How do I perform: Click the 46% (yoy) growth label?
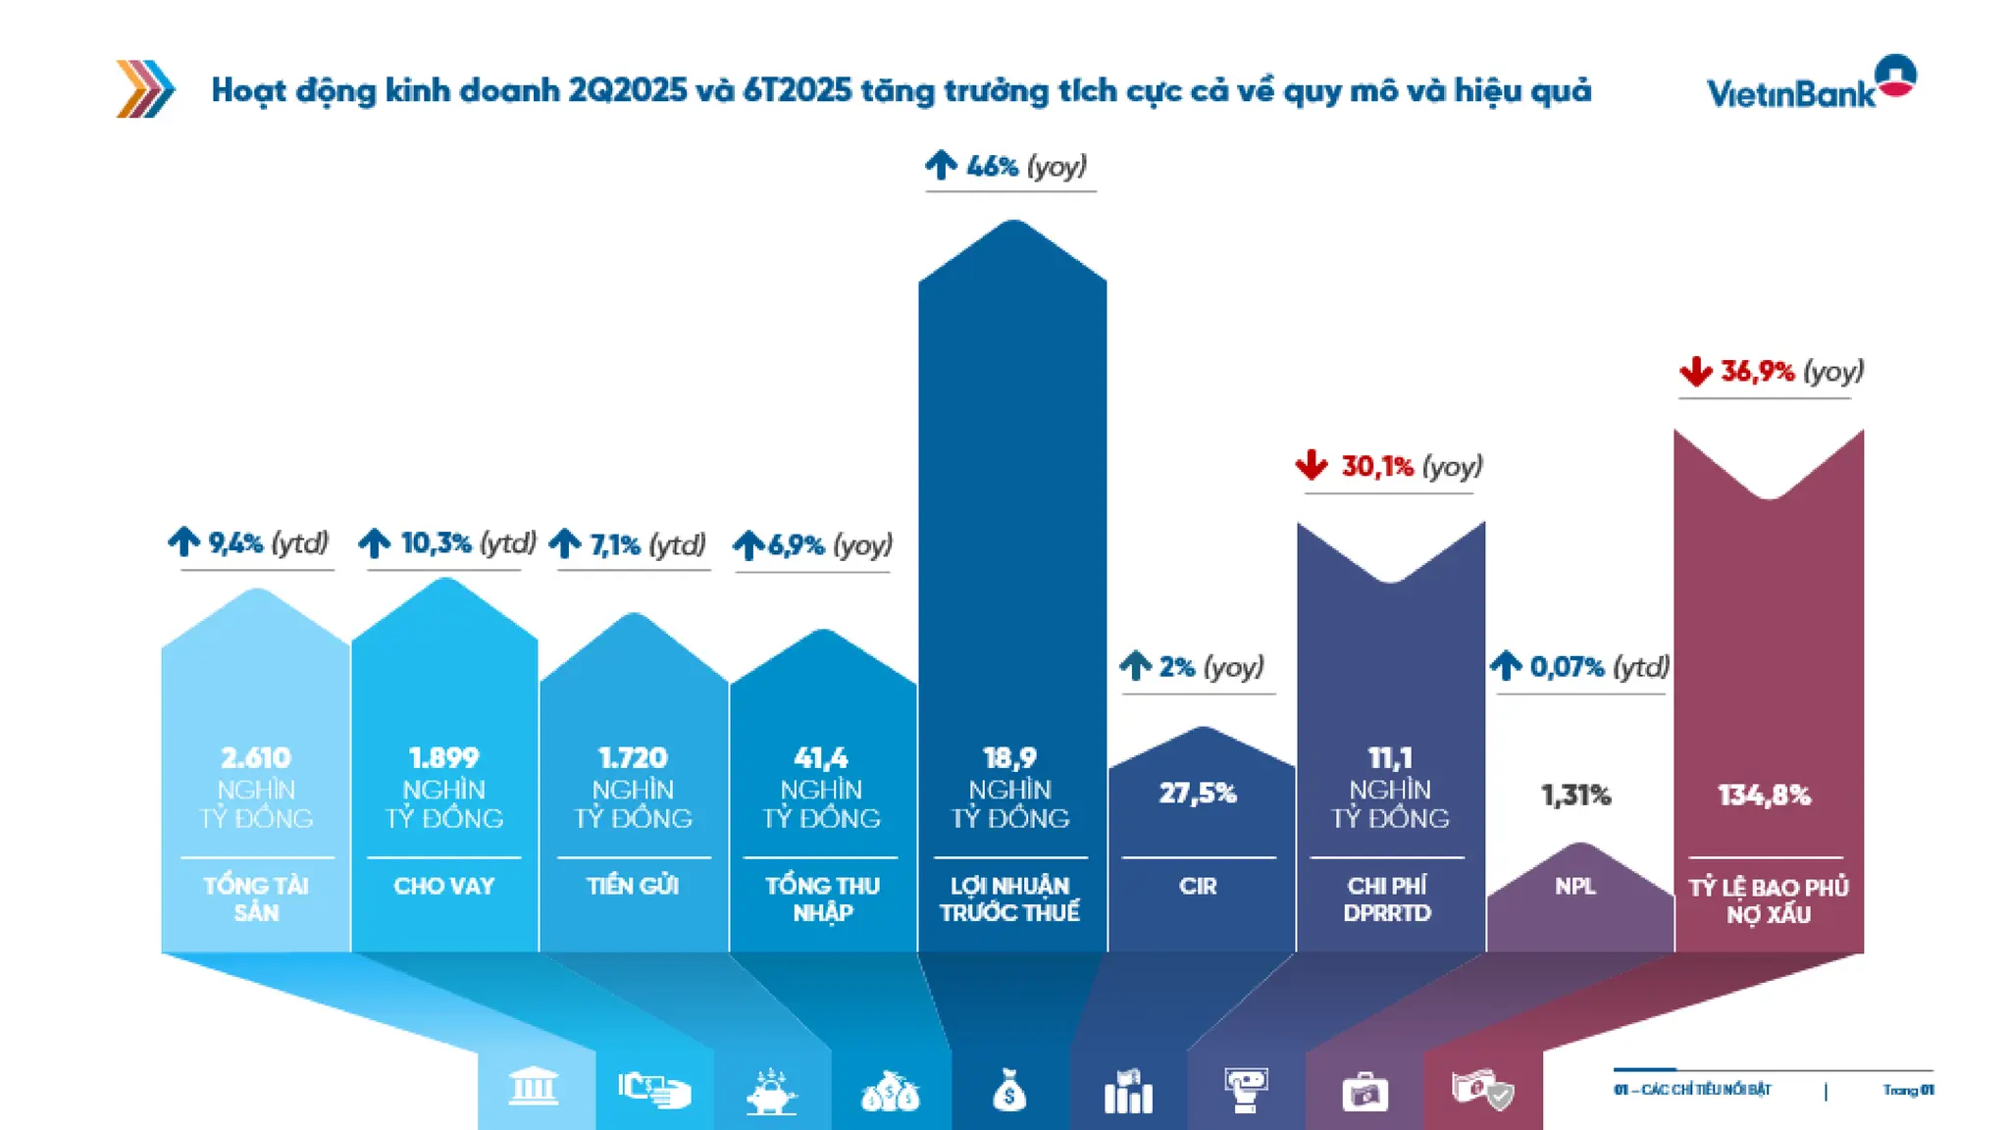pyautogui.click(x=1024, y=166)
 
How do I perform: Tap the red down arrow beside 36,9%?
pyautogui.click(x=1695, y=372)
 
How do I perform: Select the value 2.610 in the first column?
pyautogui.click(x=256, y=758)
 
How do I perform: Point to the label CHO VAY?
pyautogui.click(x=444, y=886)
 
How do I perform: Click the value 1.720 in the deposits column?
pyautogui.click(x=633, y=758)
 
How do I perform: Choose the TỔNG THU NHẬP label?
pyautogui.click(x=822, y=899)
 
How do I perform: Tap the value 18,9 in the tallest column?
pyautogui.click(x=1009, y=758)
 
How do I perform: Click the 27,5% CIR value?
pyautogui.click(x=1198, y=793)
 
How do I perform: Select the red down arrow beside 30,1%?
pyautogui.click(x=1312, y=465)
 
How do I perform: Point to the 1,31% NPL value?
pyautogui.click(x=1575, y=795)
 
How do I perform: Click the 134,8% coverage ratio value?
pyautogui.click(x=1764, y=795)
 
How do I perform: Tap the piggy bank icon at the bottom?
pyautogui.click(x=772, y=1091)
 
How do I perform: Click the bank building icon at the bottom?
pyautogui.click(x=534, y=1087)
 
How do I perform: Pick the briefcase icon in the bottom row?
pyautogui.click(x=1365, y=1091)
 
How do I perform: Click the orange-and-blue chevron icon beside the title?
pyautogui.click(x=145, y=89)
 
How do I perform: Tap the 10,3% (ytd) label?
pyautogui.click(x=467, y=542)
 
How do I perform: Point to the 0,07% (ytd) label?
pyautogui.click(x=1598, y=667)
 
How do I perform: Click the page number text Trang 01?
pyautogui.click(x=1908, y=1090)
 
